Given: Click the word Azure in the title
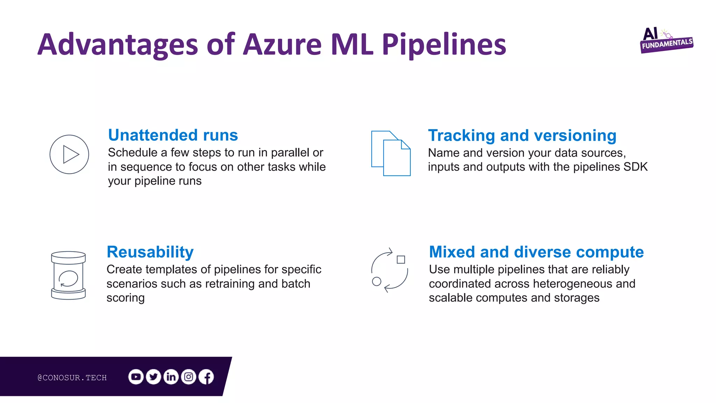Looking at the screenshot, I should click(x=282, y=44).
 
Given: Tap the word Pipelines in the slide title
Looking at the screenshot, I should click(x=444, y=44).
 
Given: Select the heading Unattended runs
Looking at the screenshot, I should click(x=173, y=135).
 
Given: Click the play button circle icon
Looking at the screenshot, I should click(x=69, y=154).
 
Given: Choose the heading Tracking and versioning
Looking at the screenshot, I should click(x=522, y=135).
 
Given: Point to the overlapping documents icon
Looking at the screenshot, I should click(x=391, y=153).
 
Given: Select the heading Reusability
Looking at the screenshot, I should click(x=150, y=252).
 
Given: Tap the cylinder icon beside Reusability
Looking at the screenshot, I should click(x=68, y=275).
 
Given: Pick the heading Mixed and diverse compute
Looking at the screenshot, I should click(x=536, y=252).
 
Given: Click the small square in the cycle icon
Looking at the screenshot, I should click(x=401, y=260).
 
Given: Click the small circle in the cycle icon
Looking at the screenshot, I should click(x=377, y=281).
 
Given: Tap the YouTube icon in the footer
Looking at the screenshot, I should click(x=136, y=377).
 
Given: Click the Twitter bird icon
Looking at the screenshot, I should click(x=153, y=377).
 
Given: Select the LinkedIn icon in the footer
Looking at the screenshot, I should click(x=171, y=377).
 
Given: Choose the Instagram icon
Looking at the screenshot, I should click(x=188, y=377).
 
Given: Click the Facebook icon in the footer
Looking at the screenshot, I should click(x=206, y=377).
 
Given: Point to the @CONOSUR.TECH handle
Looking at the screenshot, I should click(x=72, y=377).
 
